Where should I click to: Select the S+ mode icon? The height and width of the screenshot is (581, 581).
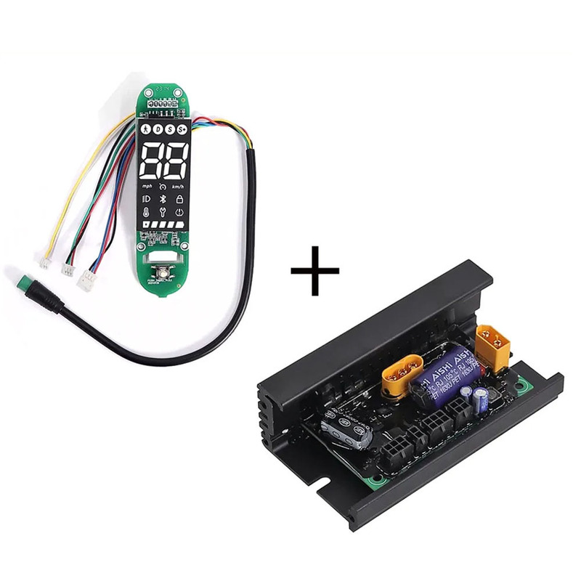(182, 130)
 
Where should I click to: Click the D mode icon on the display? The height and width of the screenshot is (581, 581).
(157, 130)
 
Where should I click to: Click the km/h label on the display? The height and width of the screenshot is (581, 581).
(179, 186)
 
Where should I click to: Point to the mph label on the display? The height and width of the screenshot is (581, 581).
(147, 186)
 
